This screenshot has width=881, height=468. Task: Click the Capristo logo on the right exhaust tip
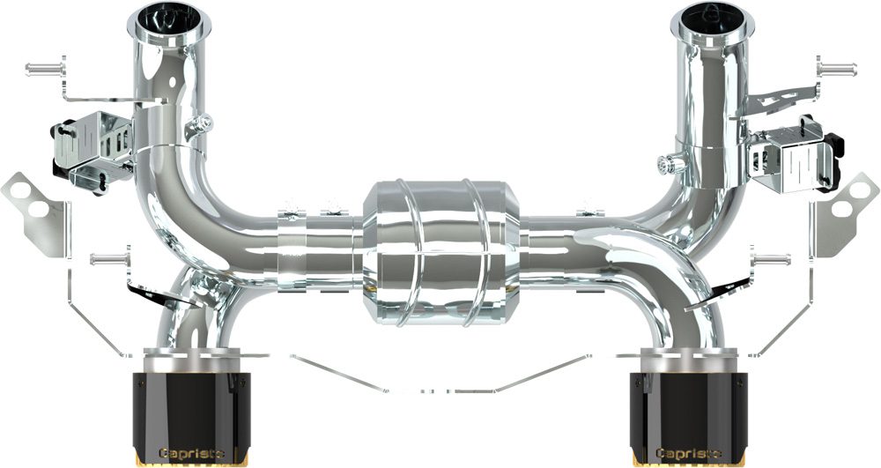(x=689, y=453)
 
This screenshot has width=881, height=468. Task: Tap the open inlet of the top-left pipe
(x=169, y=19)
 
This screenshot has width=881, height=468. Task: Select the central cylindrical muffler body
(x=440, y=253)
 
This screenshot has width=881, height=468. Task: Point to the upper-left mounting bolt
(x=45, y=69)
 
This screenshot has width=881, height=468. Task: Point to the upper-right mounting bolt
(x=837, y=70)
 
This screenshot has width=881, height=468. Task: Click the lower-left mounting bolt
(x=110, y=259)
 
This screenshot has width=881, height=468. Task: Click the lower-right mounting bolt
(x=771, y=259)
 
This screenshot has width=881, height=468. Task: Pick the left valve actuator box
(x=93, y=150)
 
